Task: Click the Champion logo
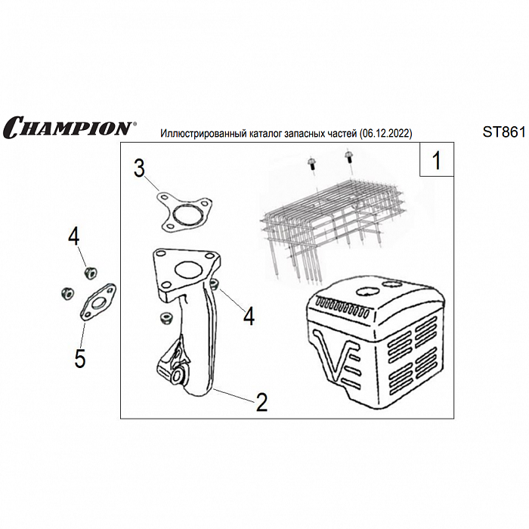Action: tap(70, 127)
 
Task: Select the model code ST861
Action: tap(504, 132)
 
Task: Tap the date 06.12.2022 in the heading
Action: tap(385, 134)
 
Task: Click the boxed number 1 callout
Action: tap(437, 160)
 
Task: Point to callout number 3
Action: tap(139, 169)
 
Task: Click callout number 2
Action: tap(261, 402)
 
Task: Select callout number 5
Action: tap(80, 358)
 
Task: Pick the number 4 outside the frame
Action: tap(74, 236)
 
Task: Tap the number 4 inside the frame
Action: tap(249, 316)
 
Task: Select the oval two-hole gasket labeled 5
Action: tap(97, 302)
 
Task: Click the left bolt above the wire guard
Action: tap(311, 165)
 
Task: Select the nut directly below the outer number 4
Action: tap(90, 273)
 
